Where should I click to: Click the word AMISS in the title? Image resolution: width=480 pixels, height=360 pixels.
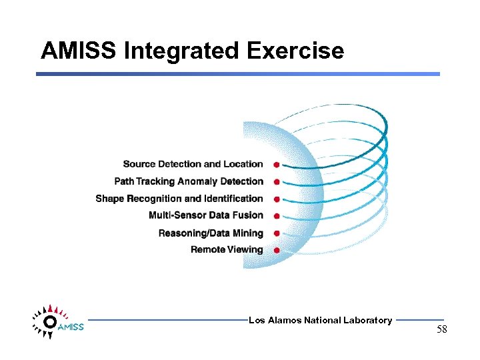(x=78, y=51)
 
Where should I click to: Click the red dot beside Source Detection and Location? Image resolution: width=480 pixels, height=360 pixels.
(x=276, y=164)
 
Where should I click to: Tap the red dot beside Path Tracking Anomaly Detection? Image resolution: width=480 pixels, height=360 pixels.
(x=276, y=181)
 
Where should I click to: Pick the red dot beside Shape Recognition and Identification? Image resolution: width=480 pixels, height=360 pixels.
(x=276, y=199)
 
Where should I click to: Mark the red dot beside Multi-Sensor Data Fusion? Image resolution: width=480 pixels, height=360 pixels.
(x=276, y=216)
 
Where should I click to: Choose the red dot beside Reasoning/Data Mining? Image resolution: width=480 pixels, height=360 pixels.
(x=276, y=233)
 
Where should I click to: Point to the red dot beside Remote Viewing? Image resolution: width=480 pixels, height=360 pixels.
(x=276, y=250)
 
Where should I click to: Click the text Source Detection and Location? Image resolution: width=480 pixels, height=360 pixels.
(x=193, y=164)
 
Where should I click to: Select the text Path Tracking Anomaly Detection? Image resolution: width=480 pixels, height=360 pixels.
(x=189, y=181)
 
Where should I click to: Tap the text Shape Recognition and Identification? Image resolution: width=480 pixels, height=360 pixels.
(x=179, y=199)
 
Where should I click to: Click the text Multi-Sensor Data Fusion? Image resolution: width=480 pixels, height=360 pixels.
(x=206, y=215)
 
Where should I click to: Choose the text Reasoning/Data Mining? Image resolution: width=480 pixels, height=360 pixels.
(x=211, y=233)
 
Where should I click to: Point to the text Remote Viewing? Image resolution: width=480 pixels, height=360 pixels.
(x=227, y=250)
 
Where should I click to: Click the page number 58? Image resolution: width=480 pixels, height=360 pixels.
(x=442, y=330)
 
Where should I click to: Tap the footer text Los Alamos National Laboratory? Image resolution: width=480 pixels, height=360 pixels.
(x=320, y=321)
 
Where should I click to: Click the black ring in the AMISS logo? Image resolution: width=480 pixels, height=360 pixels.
(x=49, y=321)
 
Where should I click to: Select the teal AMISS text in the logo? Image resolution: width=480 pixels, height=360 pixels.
(x=71, y=327)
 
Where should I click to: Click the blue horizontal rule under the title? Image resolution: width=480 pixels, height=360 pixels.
(x=238, y=74)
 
